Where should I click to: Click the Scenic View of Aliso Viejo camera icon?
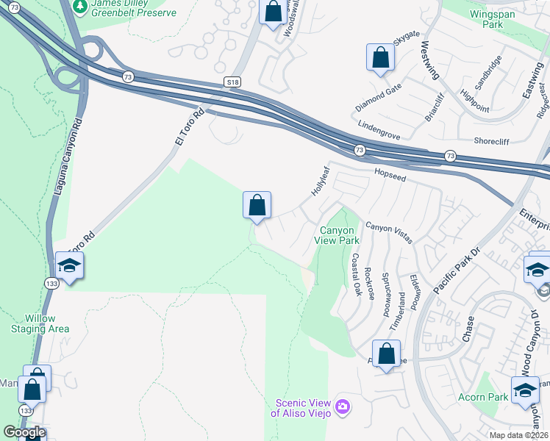[x=342, y=406]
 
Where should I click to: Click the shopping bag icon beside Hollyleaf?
[x=257, y=205]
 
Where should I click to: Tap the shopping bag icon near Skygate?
[x=380, y=59]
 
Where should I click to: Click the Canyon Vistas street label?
[x=389, y=232]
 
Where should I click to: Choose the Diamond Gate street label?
[x=379, y=96]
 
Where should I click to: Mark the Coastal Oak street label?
[x=355, y=275]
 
